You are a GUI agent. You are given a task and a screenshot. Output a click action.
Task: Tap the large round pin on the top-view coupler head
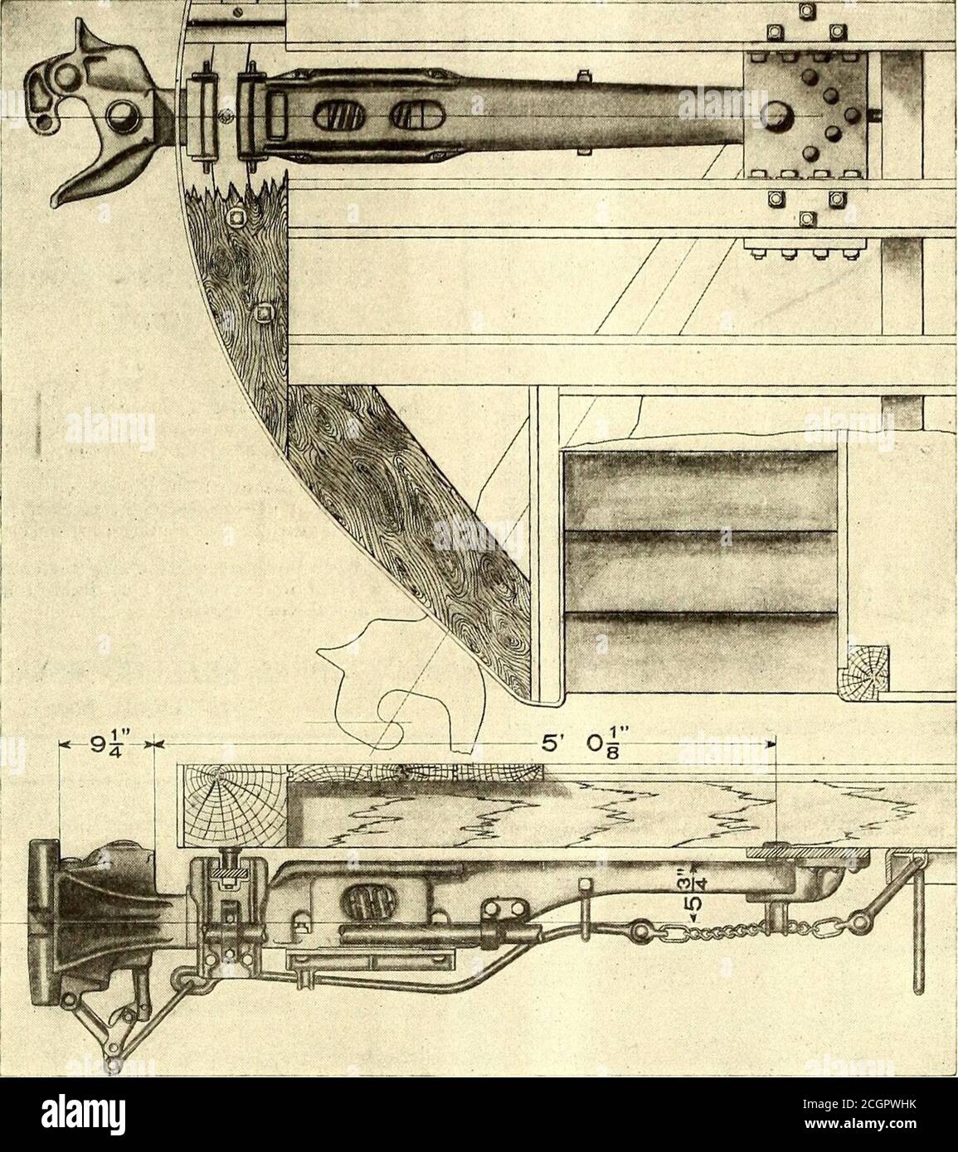click(120, 115)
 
